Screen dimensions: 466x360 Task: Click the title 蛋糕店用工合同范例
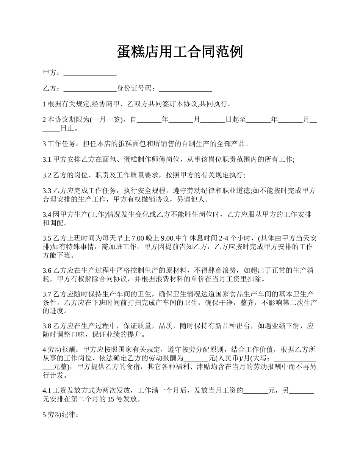[x=180, y=52]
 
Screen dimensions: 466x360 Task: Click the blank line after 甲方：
[x=90, y=73]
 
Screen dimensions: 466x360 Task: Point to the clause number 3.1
[x=47, y=160]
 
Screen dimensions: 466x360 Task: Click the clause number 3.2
[x=47, y=175]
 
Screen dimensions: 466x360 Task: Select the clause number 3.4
[x=47, y=215]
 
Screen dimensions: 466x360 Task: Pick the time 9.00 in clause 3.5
[x=167, y=238]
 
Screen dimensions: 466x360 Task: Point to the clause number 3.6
[x=47, y=271]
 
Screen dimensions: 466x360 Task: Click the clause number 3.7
[x=47, y=294]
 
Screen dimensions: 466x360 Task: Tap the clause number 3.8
[x=47, y=326]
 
